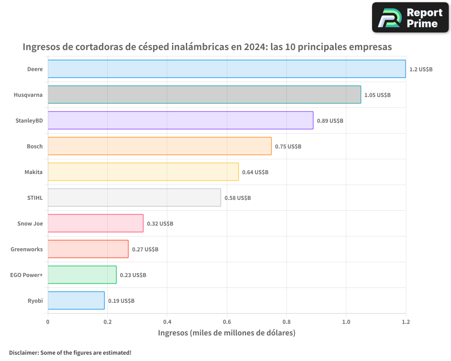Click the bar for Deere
click(x=226, y=69)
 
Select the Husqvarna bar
click(x=204, y=94)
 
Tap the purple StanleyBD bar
click(x=180, y=120)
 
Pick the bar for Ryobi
click(x=76, y=300)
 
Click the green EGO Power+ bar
click(x=82, y=274)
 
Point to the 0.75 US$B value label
click(x=288, y=146)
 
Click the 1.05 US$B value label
click(x=377, y=95)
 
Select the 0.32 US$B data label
click(x=160, y=223)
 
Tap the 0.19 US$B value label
click(x=121, y=301)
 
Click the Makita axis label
click(x=33, y=172)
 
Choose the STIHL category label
click(x=35, y=198)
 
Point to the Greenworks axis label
click(x=27, y=249)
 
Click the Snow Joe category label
click(x=30, y=223)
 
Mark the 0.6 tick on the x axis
click(x=227, y=322)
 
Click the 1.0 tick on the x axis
click(x=346, y=322)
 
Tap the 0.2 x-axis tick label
click(x=107, y=322)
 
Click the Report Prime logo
click(x=410, y=17)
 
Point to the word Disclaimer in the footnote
click(x=23, y=352)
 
